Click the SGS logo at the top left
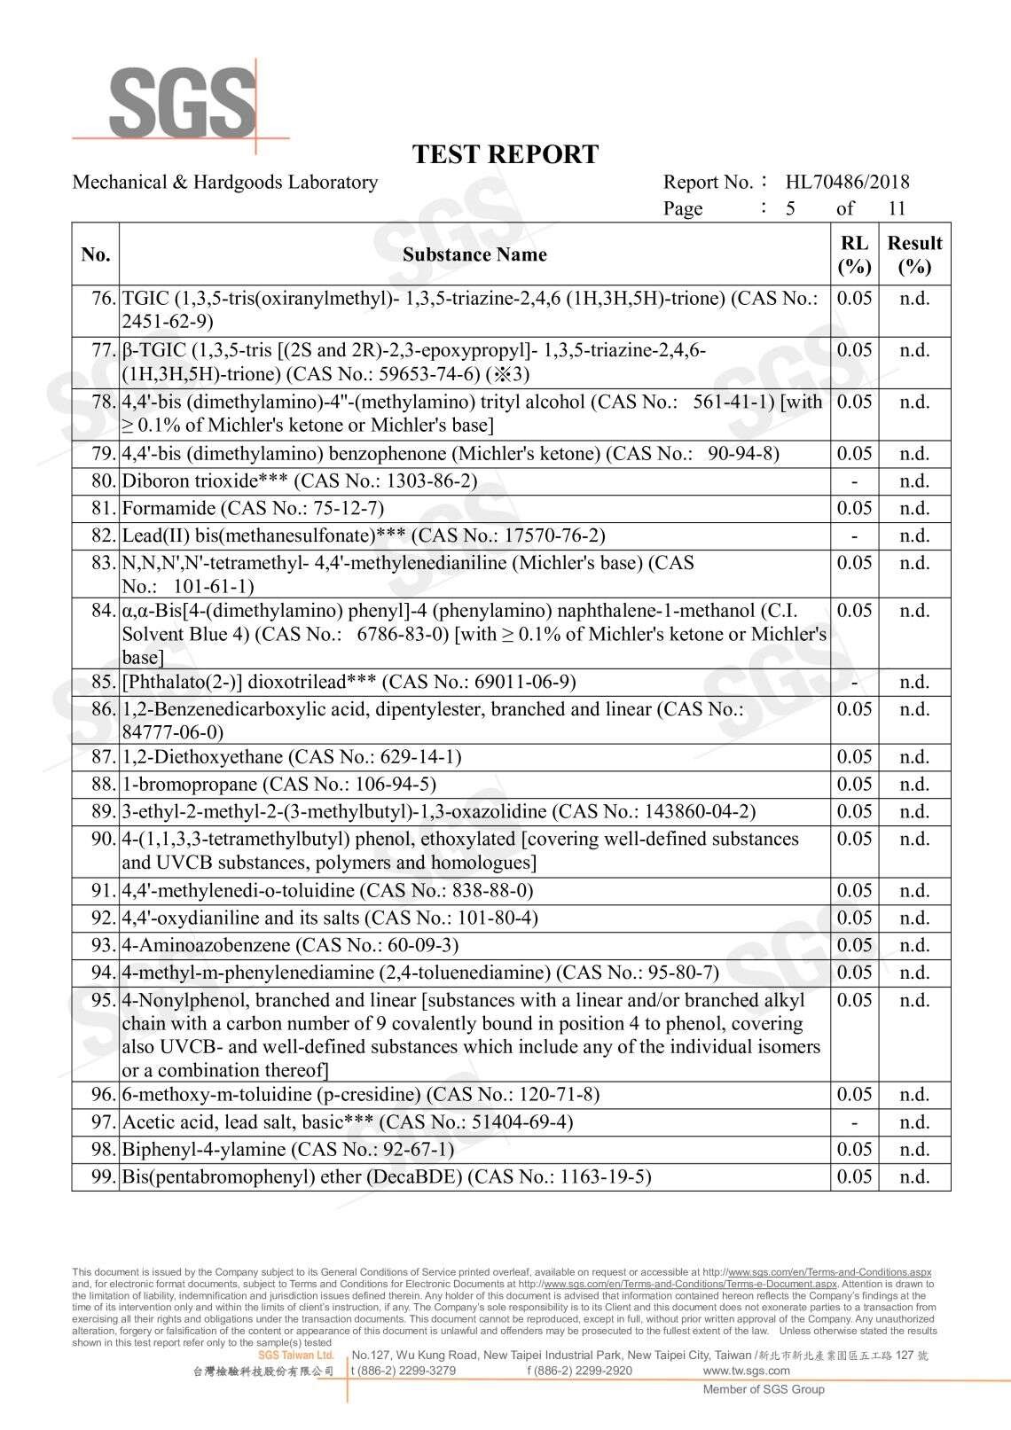point(181,101)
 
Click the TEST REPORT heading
point(505,154)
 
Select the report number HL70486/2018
point(847,182)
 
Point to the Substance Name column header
point(474,254)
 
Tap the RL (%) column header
point(854,254)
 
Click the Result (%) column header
point(914,254)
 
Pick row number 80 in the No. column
point(104,481)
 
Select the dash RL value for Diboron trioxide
point(854,481)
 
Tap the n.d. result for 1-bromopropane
point(914,784)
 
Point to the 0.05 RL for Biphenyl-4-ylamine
point(854,1149)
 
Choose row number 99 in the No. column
point(104,1176)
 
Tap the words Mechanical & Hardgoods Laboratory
point(224,182)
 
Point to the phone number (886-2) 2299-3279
point(404,1371)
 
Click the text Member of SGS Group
point(764,1389)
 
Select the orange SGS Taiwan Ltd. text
point(296,1356)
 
